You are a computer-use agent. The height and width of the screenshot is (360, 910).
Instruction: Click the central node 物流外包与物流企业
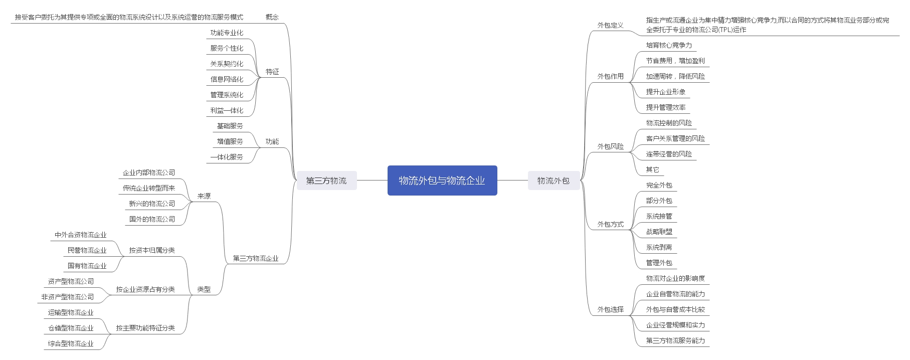442,181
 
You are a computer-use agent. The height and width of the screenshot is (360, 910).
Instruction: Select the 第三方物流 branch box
326,181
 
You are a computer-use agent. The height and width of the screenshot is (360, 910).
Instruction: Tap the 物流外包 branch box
554,181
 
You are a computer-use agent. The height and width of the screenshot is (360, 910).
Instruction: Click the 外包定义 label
610,25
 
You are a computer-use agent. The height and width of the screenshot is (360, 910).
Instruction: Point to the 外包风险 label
610,146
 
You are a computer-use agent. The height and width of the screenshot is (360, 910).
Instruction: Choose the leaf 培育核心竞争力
669,45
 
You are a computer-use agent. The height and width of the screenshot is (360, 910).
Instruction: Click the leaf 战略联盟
659,232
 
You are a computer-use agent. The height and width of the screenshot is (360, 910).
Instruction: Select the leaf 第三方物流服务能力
675,340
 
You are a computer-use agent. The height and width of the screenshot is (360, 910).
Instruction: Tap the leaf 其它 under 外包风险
652,169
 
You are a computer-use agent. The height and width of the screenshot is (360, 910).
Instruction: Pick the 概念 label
272,17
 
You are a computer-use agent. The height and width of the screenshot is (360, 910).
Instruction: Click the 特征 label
272,72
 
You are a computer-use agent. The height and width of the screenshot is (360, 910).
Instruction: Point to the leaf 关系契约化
227,64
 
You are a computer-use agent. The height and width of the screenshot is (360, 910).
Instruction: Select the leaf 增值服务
230,141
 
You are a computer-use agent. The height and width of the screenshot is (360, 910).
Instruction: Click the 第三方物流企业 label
256,258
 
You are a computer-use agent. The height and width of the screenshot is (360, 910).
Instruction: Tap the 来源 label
204,196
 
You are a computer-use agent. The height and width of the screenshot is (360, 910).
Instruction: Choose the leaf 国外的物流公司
152,219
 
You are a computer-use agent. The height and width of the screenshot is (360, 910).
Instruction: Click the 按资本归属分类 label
152,250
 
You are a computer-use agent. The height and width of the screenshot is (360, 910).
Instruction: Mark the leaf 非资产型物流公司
68,297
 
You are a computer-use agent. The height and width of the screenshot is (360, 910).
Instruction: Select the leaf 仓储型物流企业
71,328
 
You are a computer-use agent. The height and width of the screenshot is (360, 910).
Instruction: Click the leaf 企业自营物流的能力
675,294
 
